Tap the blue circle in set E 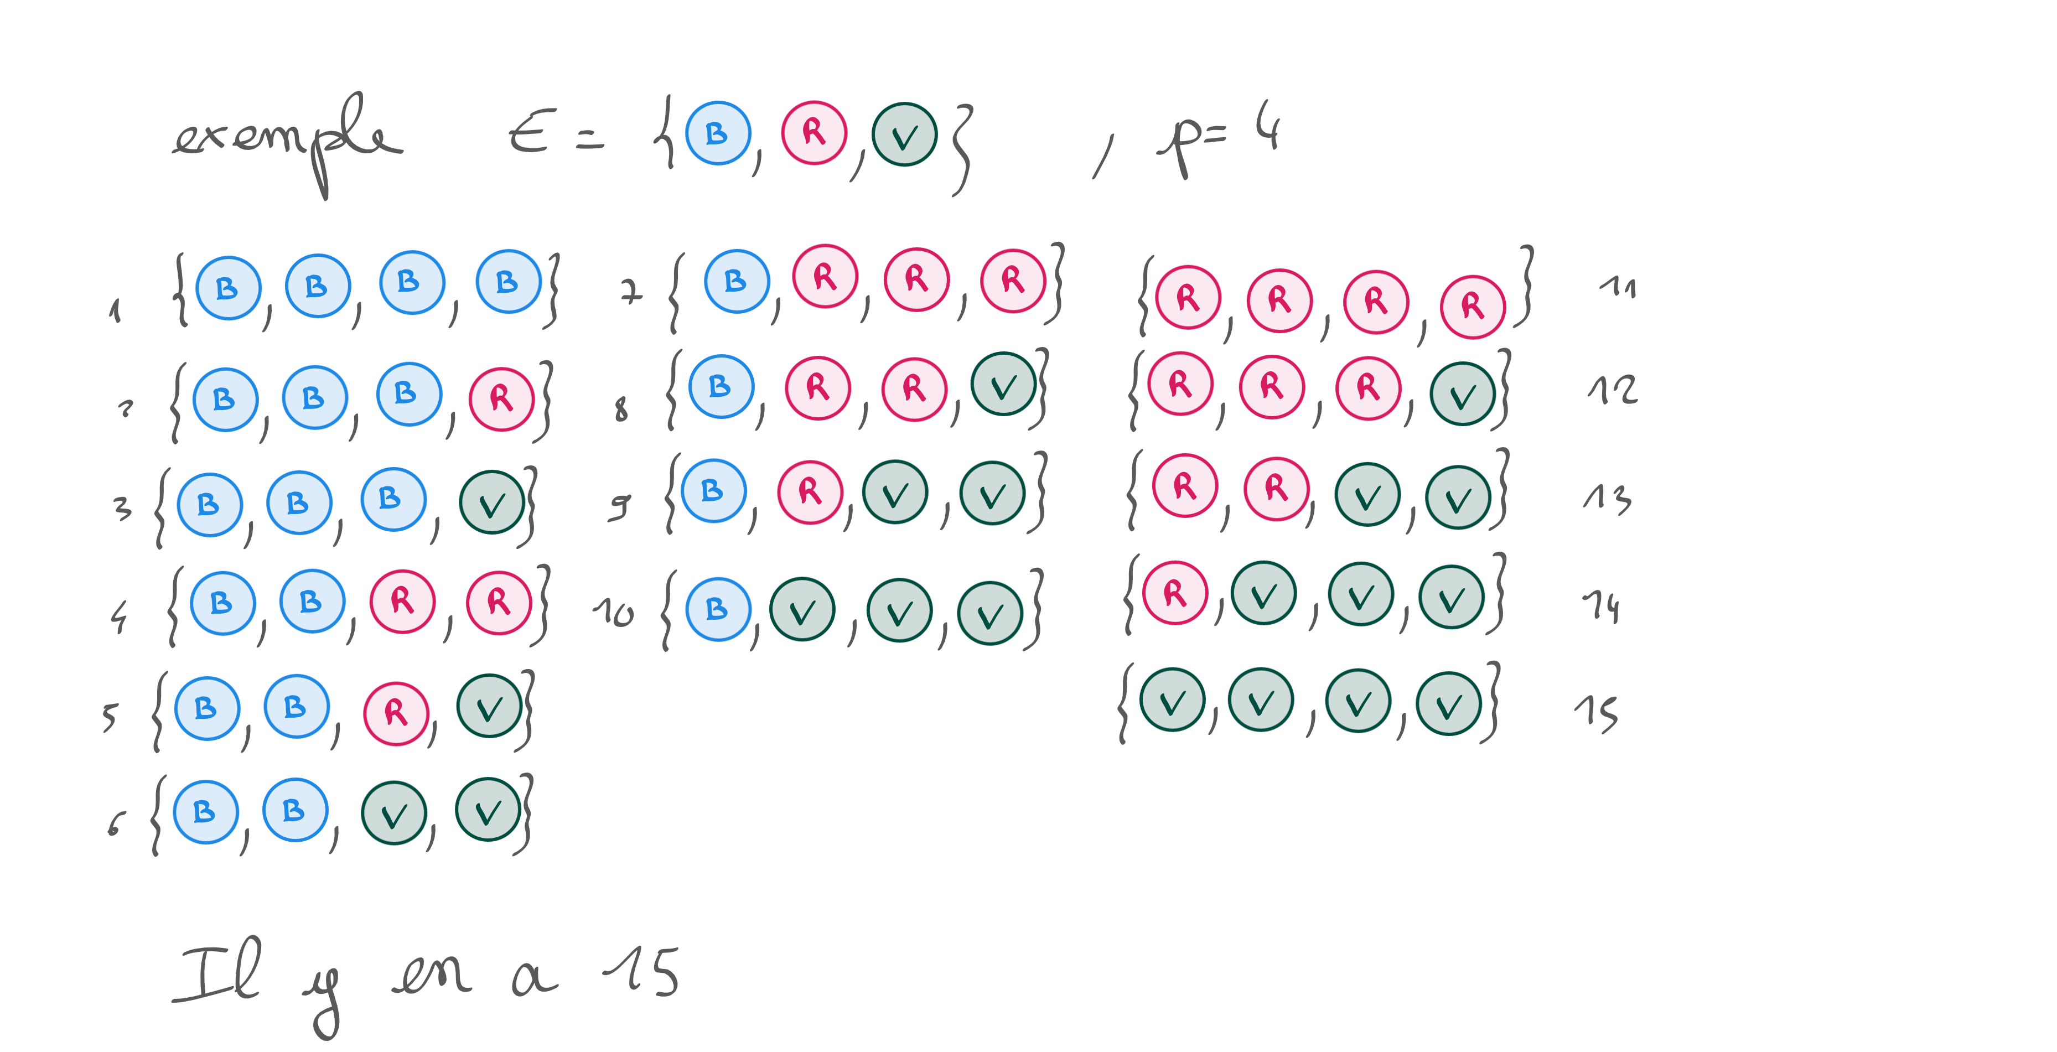pyautogui.click(x=718, y=133)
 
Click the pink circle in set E pyautogui.click(x=814, y=133)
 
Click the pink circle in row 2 pyautogui.click(x=501, y=398)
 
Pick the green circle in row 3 pyautogui.click(x=492, y=501)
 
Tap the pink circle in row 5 pyautogui.click(x=396, y=713)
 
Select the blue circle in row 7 pyautogui.click(x=736, y=281)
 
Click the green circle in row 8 pyautogui.click(x=1003, y=384)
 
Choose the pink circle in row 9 pyautogui.click(x=810, y=492)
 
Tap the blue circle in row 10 pyautogui.click(x=718, y=609)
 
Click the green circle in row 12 pyautogui.click(x=1462, y=393)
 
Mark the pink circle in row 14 pyautogui.click(x=1175, y=593)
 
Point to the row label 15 pyautogui.click(x=1596, y=713)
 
